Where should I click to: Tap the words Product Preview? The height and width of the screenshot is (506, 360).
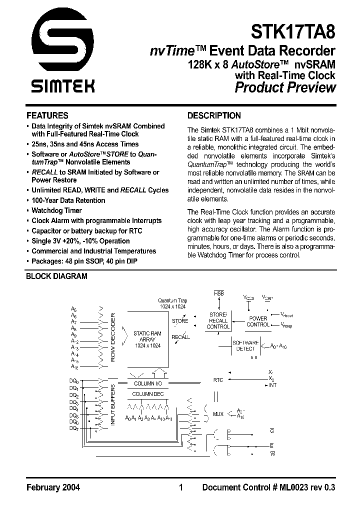(285, 88)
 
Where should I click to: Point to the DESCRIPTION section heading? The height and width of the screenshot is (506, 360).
(213, 115)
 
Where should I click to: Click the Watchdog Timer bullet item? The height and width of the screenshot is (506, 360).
(56, 210)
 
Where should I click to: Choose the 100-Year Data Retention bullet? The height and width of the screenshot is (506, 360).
(68, 200)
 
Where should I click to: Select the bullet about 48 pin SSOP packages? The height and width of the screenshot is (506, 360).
(84, 261)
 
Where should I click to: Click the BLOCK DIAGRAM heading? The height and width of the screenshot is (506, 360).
(56, 276)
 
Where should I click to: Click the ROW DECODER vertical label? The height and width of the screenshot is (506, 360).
(113, 337)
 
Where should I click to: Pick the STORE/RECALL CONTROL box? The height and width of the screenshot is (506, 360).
(218, 320)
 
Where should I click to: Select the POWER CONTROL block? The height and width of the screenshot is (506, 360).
(258, 321)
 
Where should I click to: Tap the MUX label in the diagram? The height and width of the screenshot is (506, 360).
(218, 414)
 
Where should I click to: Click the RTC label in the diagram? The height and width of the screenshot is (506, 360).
(218, 380)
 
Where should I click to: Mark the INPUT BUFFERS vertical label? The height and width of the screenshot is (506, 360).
(113, 405)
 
